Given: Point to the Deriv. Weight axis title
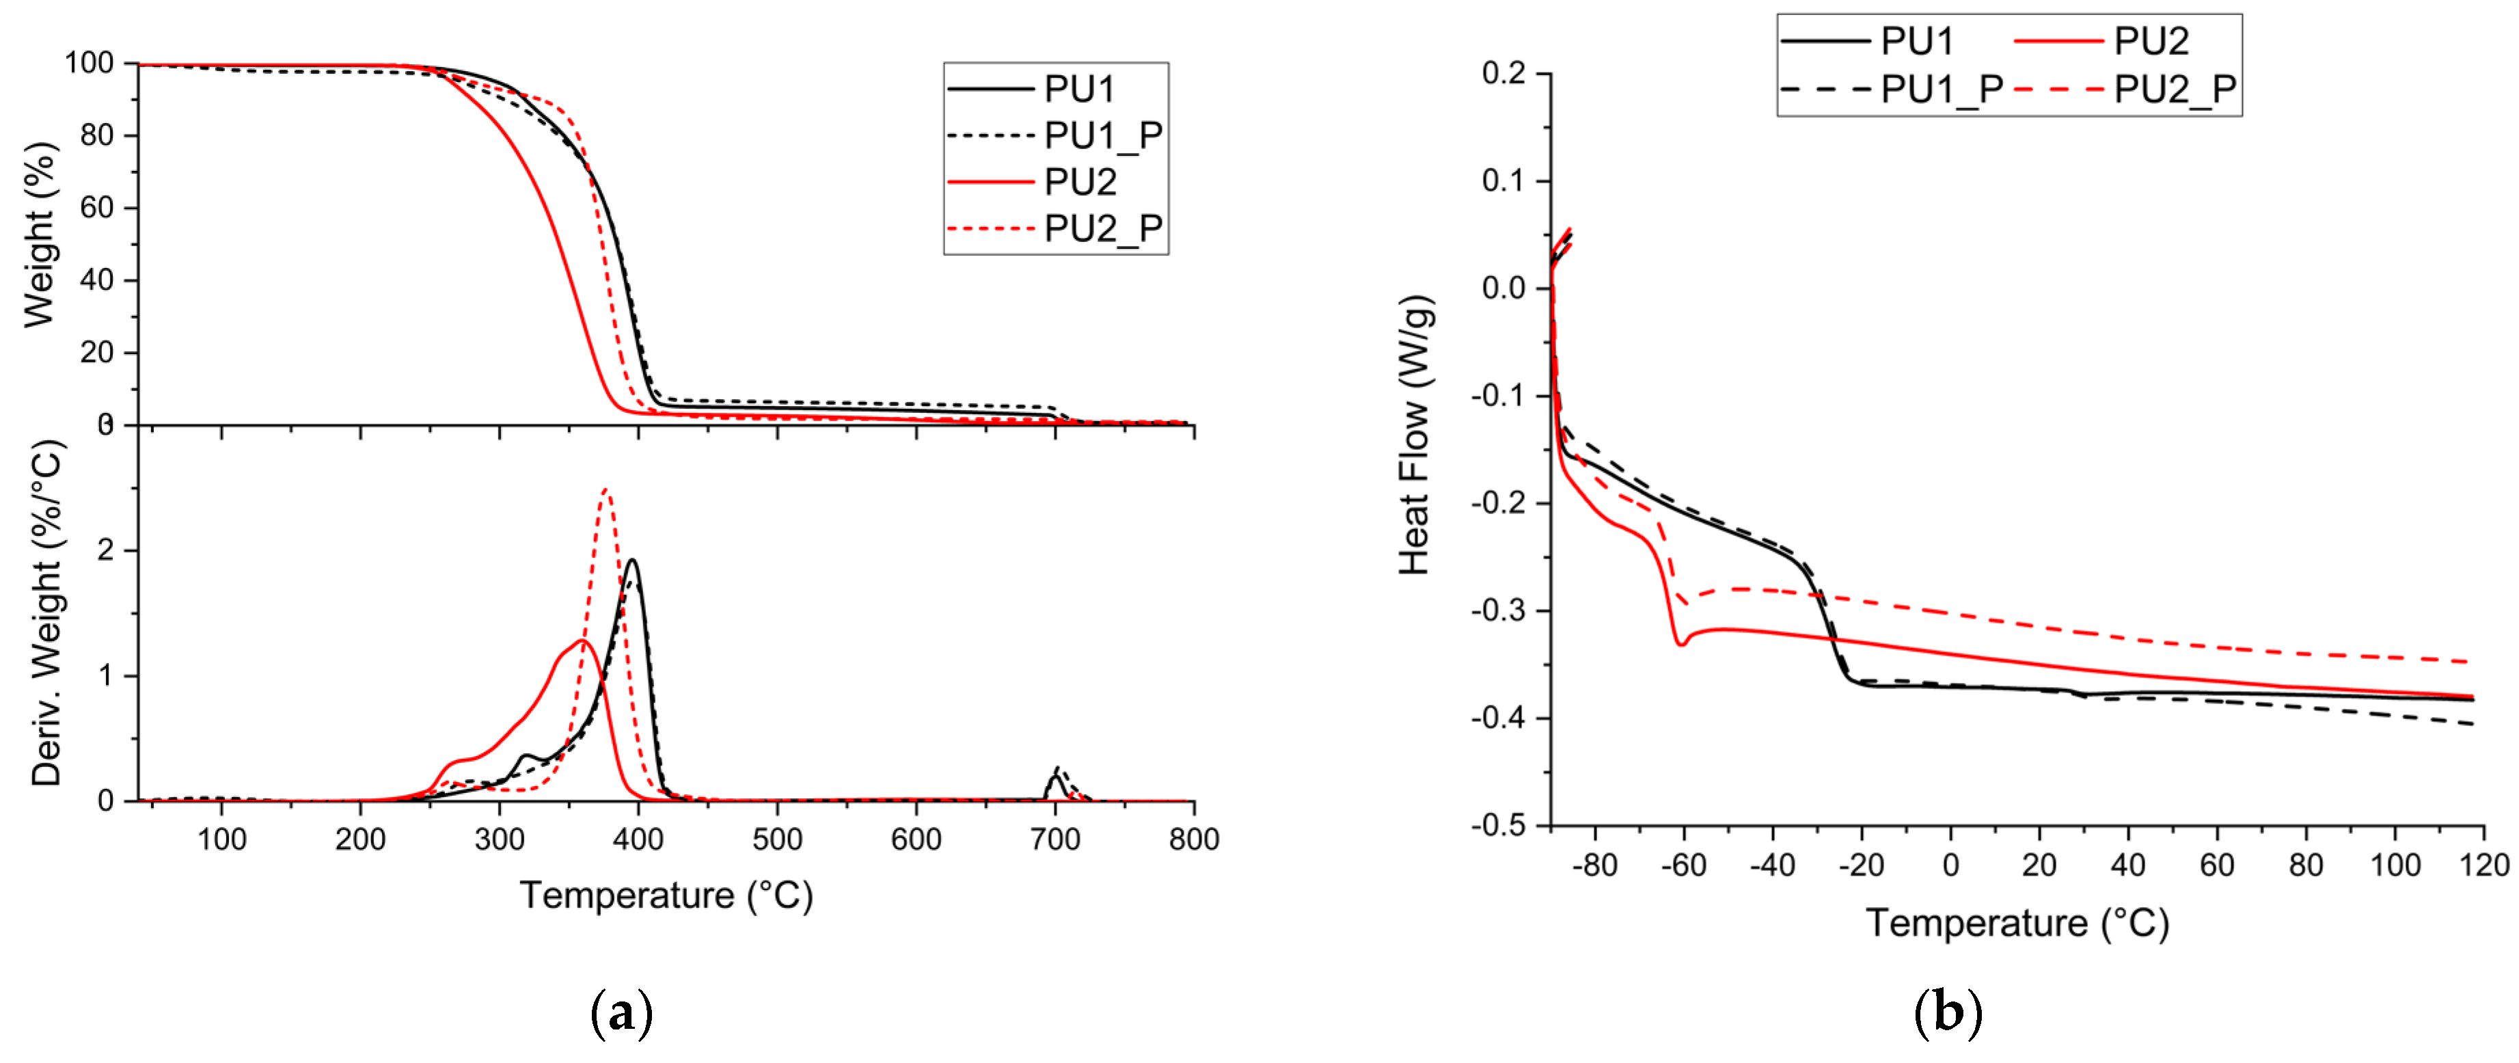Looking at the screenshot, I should pyautogui.click(x=45, y=613).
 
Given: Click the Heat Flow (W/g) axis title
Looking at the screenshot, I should pyautogui.click(x=1415, y=435).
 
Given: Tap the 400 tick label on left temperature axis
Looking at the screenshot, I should pyautogui.click(x=638, y=839).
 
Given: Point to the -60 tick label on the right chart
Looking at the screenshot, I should pyautogui.click(x=1683, y=865).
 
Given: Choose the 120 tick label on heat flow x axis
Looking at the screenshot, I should pyautogui.click(x=2483, y=865).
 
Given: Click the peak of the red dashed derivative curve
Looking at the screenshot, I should pyautogui.click(x=606, y=490).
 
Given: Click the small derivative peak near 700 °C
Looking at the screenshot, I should pyautogui.click(x=1056, y=772).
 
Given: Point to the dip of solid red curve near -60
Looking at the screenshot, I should pyautogui.click(x=1681, y=643).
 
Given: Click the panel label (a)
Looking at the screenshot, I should pyautogui.click(x=622, y=1014).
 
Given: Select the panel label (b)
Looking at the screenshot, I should pyautogui.click(x=1947, y=1014).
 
